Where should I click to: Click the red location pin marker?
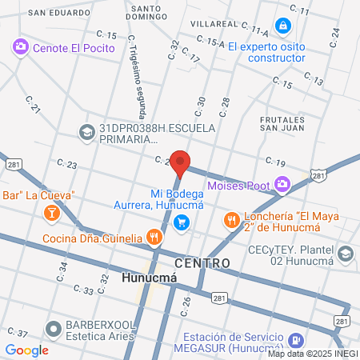point(181,162)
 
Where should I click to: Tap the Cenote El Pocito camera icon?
point(21,48)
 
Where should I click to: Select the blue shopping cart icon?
point(183,222)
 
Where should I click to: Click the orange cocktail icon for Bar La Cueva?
point(52,213)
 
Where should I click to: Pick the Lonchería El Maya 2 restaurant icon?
point(232,218)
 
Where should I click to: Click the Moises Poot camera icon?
point(282,186)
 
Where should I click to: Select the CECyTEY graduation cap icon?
point(345,254)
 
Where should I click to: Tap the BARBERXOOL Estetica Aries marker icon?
point(54,328)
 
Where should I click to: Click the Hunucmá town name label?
point(149,279)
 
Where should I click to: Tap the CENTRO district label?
point(202,263)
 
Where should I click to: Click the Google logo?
point(26,350)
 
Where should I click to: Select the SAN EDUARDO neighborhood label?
point(60,14)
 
